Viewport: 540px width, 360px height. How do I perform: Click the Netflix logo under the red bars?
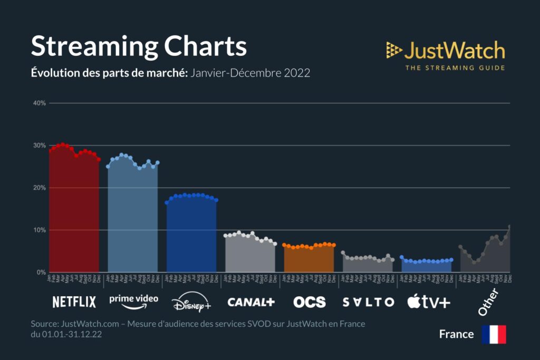pos(74,302)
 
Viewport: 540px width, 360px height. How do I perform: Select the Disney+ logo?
pos(191,303)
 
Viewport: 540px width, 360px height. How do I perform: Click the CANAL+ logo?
pos(251,302)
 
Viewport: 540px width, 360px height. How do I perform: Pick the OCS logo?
pos(310,302)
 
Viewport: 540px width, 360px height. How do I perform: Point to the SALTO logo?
pos(368,302)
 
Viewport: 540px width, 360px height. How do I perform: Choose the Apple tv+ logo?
pos(429,302)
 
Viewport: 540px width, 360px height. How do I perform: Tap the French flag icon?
pos(494,334)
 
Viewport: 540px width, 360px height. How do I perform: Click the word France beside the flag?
pos(456,334)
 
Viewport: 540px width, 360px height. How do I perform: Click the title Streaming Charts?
pos(139,46)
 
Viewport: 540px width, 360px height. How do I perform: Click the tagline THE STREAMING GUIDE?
pos(455,67)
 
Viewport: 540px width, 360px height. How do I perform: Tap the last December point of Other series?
pos(509,227)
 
